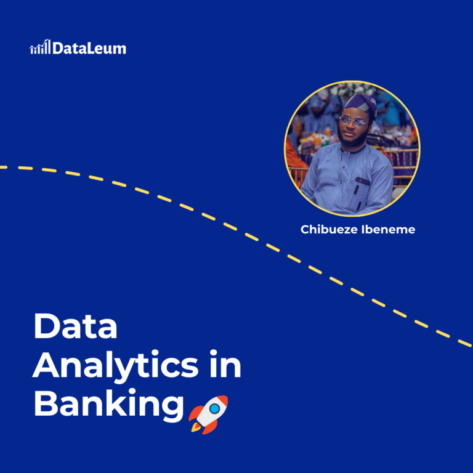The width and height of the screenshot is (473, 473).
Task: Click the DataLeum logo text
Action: click(89, 48)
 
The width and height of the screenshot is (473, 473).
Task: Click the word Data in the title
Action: click(75, 326)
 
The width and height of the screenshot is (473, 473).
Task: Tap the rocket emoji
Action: click(208, 413)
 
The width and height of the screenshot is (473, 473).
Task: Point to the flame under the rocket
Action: click(196, 426)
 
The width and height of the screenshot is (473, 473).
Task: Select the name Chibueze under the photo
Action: click(331, 230)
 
